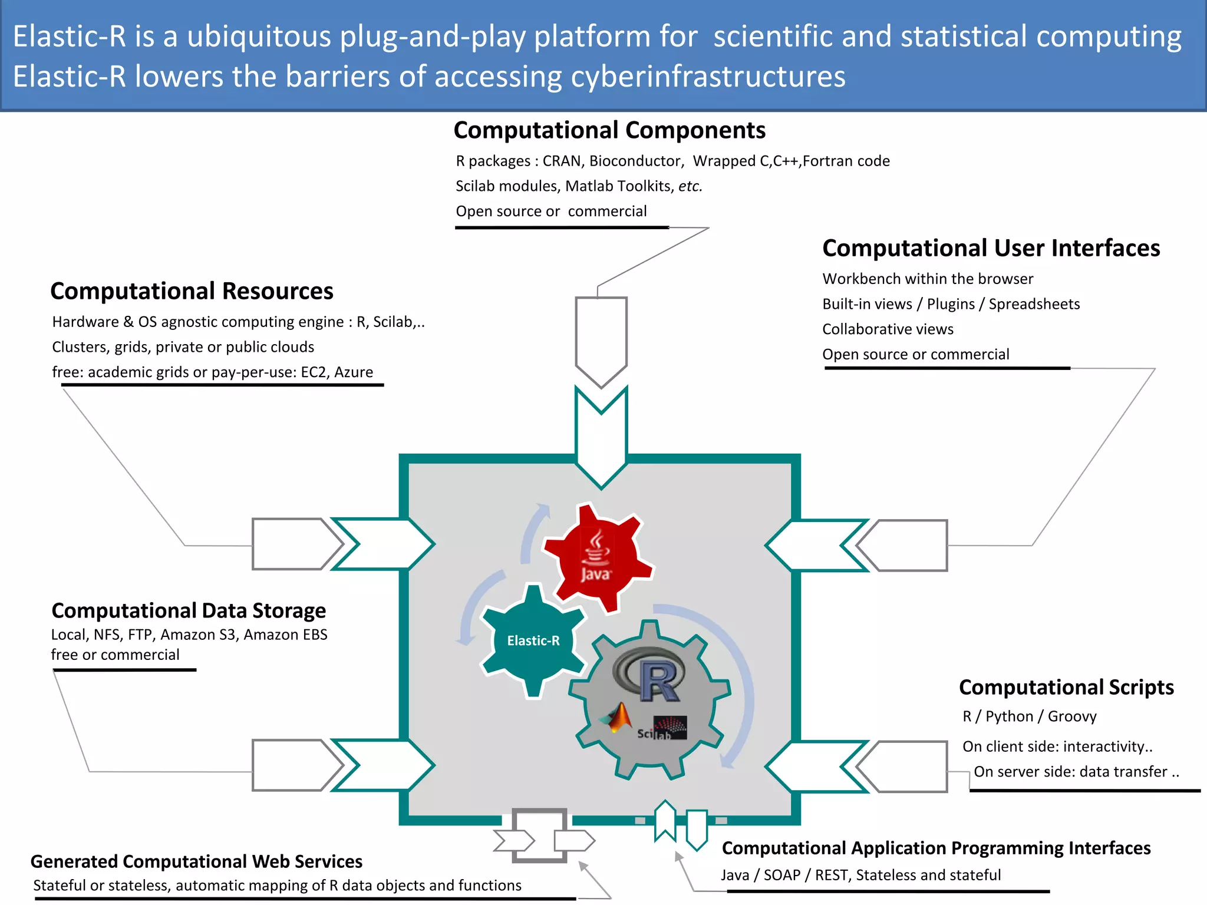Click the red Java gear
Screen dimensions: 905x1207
point(596,557)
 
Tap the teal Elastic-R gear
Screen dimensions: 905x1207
point(533,640)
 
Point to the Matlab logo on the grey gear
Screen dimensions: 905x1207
point(615,718)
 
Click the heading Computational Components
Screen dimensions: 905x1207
point(609,130)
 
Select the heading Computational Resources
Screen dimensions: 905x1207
point(192,291)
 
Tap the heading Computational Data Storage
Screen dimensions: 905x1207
point(189,610)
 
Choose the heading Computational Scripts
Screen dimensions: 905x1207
point(1066,687)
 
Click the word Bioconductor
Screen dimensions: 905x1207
point(635,161)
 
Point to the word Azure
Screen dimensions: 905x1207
point(354,372)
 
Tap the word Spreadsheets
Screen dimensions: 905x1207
point(1034,304)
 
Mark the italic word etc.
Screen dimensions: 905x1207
point(690,186)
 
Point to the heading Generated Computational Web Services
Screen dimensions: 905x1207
point(196,861)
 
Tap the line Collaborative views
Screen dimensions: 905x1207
point(888,329)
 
